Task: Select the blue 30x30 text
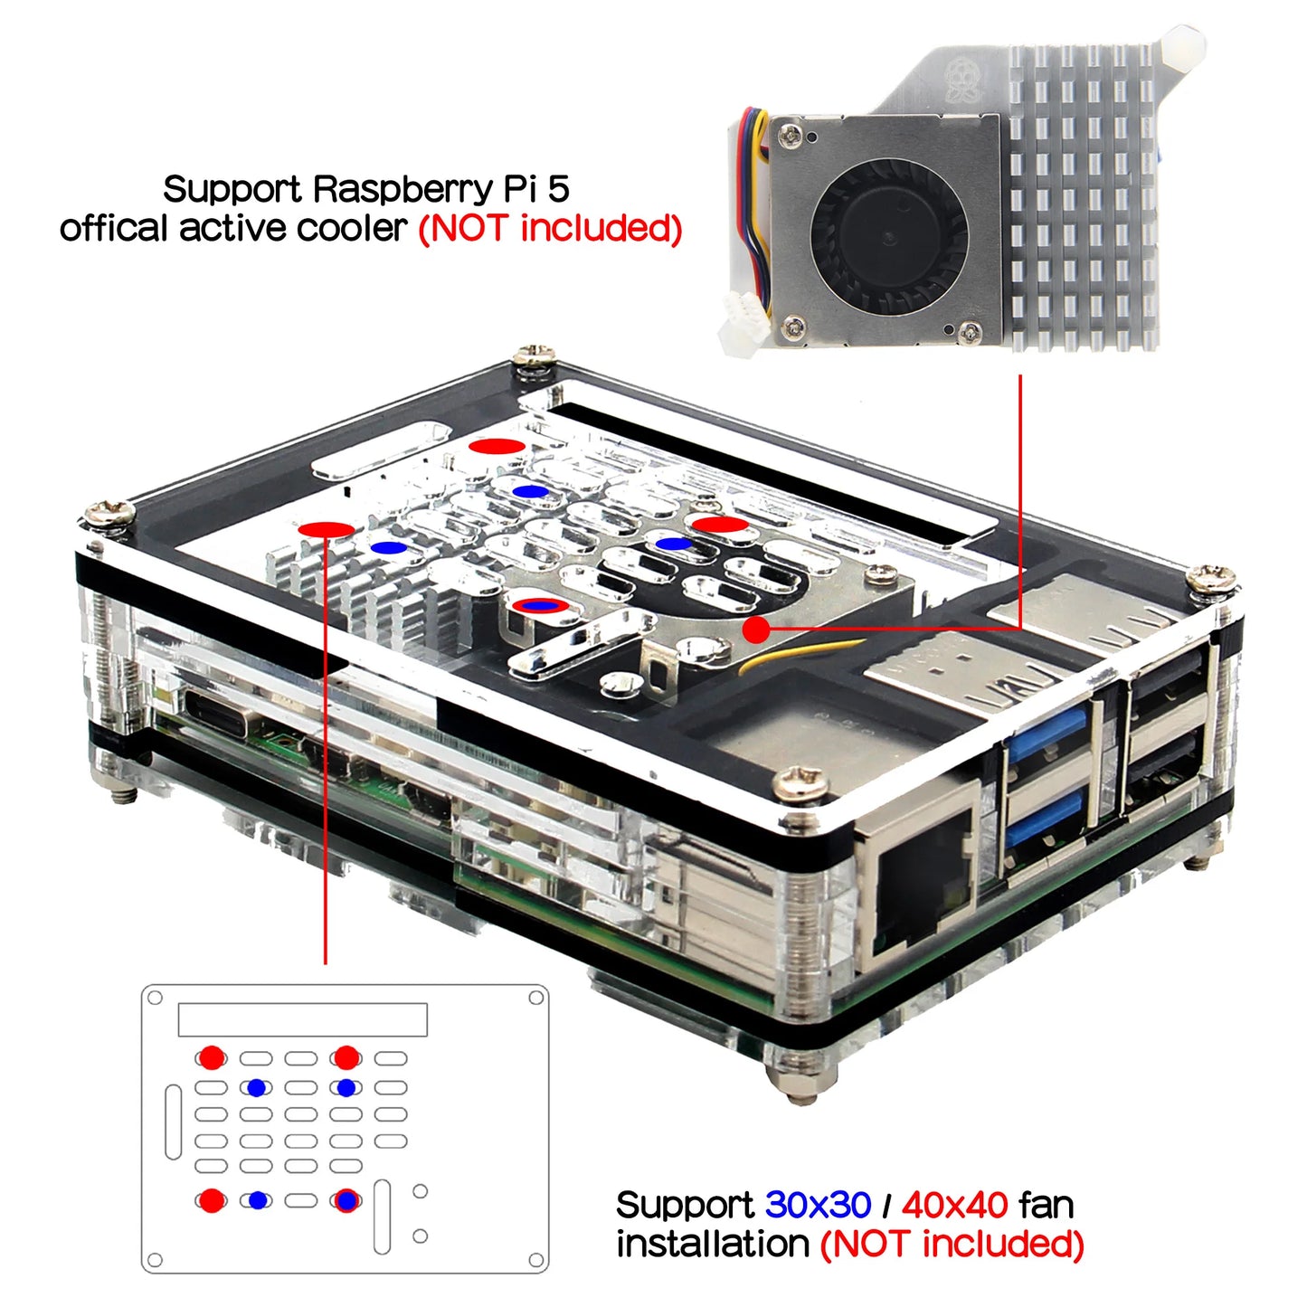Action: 818,1205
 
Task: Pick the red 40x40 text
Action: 954,1205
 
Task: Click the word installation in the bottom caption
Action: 712,1245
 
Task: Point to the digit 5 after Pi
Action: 558,190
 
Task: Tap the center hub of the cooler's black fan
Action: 889,237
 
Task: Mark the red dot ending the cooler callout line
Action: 755,630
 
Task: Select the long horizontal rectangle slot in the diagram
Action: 302,1019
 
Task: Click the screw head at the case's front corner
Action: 800,783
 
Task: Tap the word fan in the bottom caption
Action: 1046,1205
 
